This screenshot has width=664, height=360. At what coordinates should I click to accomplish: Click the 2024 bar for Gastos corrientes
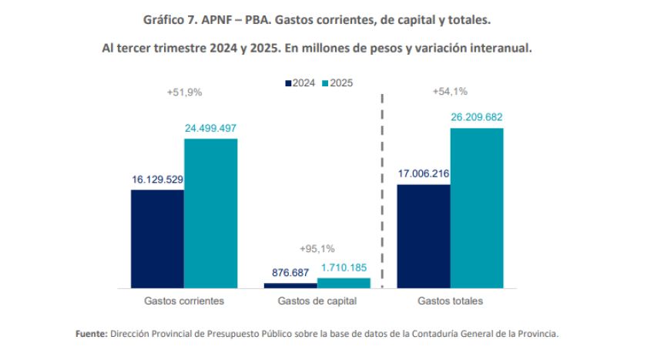157,238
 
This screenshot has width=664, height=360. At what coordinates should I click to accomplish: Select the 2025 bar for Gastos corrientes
210,213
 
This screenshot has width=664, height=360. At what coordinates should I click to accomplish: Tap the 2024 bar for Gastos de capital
290,285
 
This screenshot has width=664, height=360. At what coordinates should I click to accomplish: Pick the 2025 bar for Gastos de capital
344,283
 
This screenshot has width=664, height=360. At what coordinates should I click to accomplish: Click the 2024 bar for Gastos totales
423,236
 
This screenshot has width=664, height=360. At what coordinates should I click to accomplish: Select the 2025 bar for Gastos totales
476,207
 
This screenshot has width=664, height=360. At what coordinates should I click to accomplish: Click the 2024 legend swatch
288,83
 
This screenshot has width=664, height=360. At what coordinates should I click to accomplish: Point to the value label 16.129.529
157,179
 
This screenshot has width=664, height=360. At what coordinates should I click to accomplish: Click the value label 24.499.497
210,128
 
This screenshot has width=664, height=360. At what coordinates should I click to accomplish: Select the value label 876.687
290,272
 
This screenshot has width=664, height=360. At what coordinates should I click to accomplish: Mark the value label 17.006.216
423,174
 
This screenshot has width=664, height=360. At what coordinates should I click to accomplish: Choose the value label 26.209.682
476,117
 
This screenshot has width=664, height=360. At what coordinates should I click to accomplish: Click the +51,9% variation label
184,92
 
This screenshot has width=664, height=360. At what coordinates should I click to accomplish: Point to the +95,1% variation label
317,248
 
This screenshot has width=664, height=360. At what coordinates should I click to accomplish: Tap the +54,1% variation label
450,92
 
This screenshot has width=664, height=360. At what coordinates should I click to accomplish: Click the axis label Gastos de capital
317,301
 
